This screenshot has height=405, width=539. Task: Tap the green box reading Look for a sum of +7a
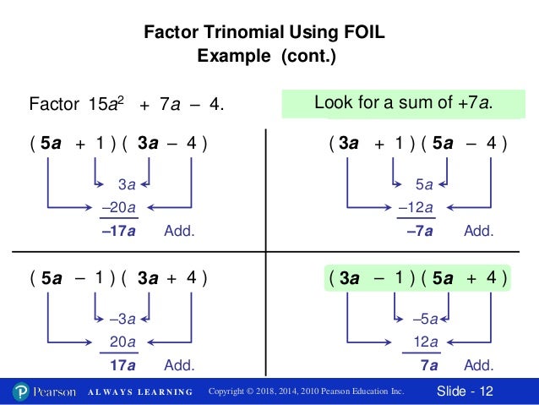coord(403,103)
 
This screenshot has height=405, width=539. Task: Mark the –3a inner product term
coord(122,319)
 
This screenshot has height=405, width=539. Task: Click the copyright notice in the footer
coord(306,391)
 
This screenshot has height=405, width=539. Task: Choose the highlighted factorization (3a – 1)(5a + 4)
coord(417,277)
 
